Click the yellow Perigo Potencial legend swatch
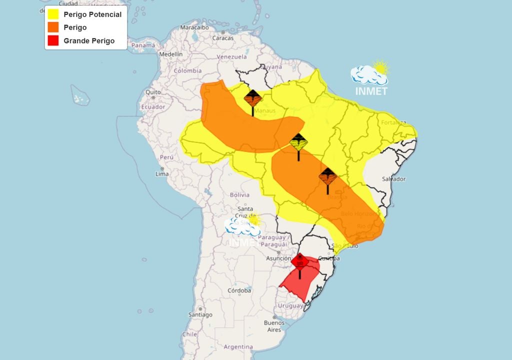point(54,14)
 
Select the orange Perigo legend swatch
point(54,27)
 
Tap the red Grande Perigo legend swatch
point(54,41)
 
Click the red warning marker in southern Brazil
point(300,261)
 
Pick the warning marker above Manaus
point(252,98)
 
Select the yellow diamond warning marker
point(298,143)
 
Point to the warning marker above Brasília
point(327,177)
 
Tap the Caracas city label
point(223,37)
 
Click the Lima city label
point(162,174)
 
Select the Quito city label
point(153,92)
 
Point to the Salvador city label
point(393,179)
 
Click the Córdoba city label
point(239,290)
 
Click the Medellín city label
point(171,54)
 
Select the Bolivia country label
point(239,194)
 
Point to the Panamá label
point(143,45)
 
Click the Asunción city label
point(278,258)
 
